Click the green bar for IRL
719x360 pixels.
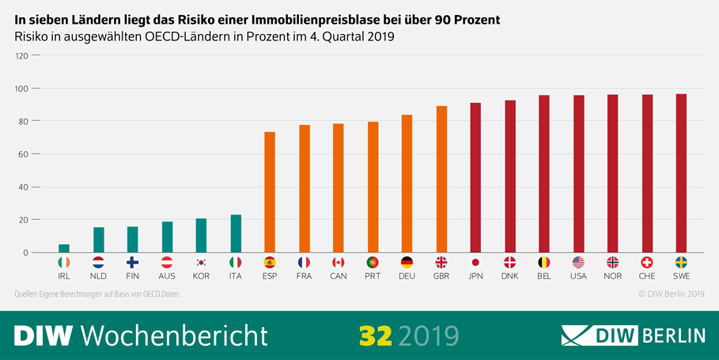click(x=64, y=248)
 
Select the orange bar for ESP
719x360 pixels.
click(x=270, y=192)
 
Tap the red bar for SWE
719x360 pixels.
click(x=680, y=173)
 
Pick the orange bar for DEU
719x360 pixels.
click(x=407, y=184)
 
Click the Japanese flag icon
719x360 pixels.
click(x=475, y=262)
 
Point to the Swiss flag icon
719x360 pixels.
click(x=646, y=262)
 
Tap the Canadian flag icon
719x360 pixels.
click(x=339, y=262)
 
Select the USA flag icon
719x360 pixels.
click(x=578, y=262)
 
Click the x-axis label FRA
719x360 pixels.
click(x=304, y=277)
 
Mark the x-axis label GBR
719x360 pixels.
click(x=441, y=277)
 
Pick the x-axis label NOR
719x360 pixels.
click(x=612, y=277)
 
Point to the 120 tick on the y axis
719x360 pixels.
click(x=21, y=55)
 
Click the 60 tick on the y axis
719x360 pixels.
click(x=24, y=154)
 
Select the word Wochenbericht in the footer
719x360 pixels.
click(x=174, y=335)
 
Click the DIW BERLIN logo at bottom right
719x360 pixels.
click(x=633, y=335)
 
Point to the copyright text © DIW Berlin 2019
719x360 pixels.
click(x=671, y=294)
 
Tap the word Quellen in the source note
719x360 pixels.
click(x=29, y=294)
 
